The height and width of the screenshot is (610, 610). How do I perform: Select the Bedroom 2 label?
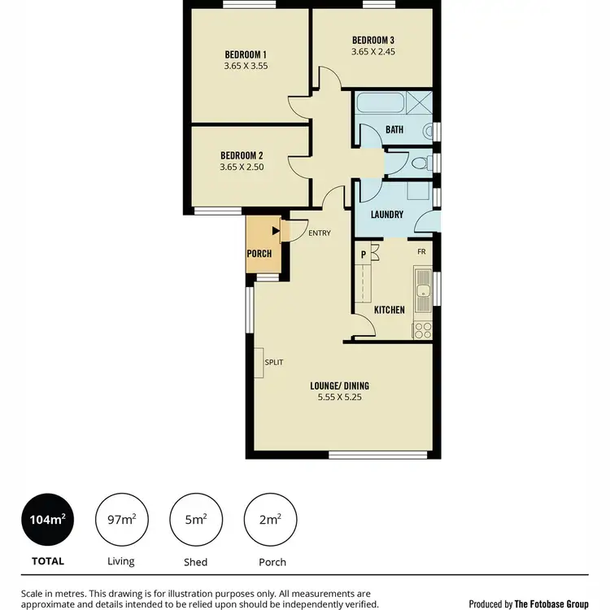tap(242, 155)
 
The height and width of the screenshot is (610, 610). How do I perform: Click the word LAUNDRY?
tap(387, 215)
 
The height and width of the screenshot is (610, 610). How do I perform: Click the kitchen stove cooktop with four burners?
tap(423, 329)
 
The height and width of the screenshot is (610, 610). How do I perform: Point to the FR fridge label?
tap(421, 252)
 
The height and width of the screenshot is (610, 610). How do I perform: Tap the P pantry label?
tap(363, 254)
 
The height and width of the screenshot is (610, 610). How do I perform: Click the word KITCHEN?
tap(389, 310)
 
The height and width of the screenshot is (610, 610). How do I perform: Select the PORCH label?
tap(259, 254)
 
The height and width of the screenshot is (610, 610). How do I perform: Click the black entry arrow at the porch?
tap(276, 233)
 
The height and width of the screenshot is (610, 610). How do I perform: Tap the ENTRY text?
tap(320, 233)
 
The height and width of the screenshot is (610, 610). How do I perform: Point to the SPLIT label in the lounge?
tap(274, 362)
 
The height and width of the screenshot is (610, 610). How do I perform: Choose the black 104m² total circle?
tap(47, 519)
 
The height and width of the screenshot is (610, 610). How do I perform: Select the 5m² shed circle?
tap(195, 519)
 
